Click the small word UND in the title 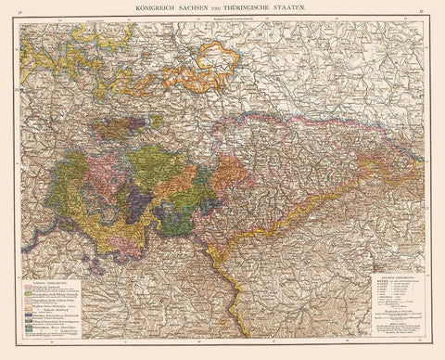pyautogui.click(x=220, y=8)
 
